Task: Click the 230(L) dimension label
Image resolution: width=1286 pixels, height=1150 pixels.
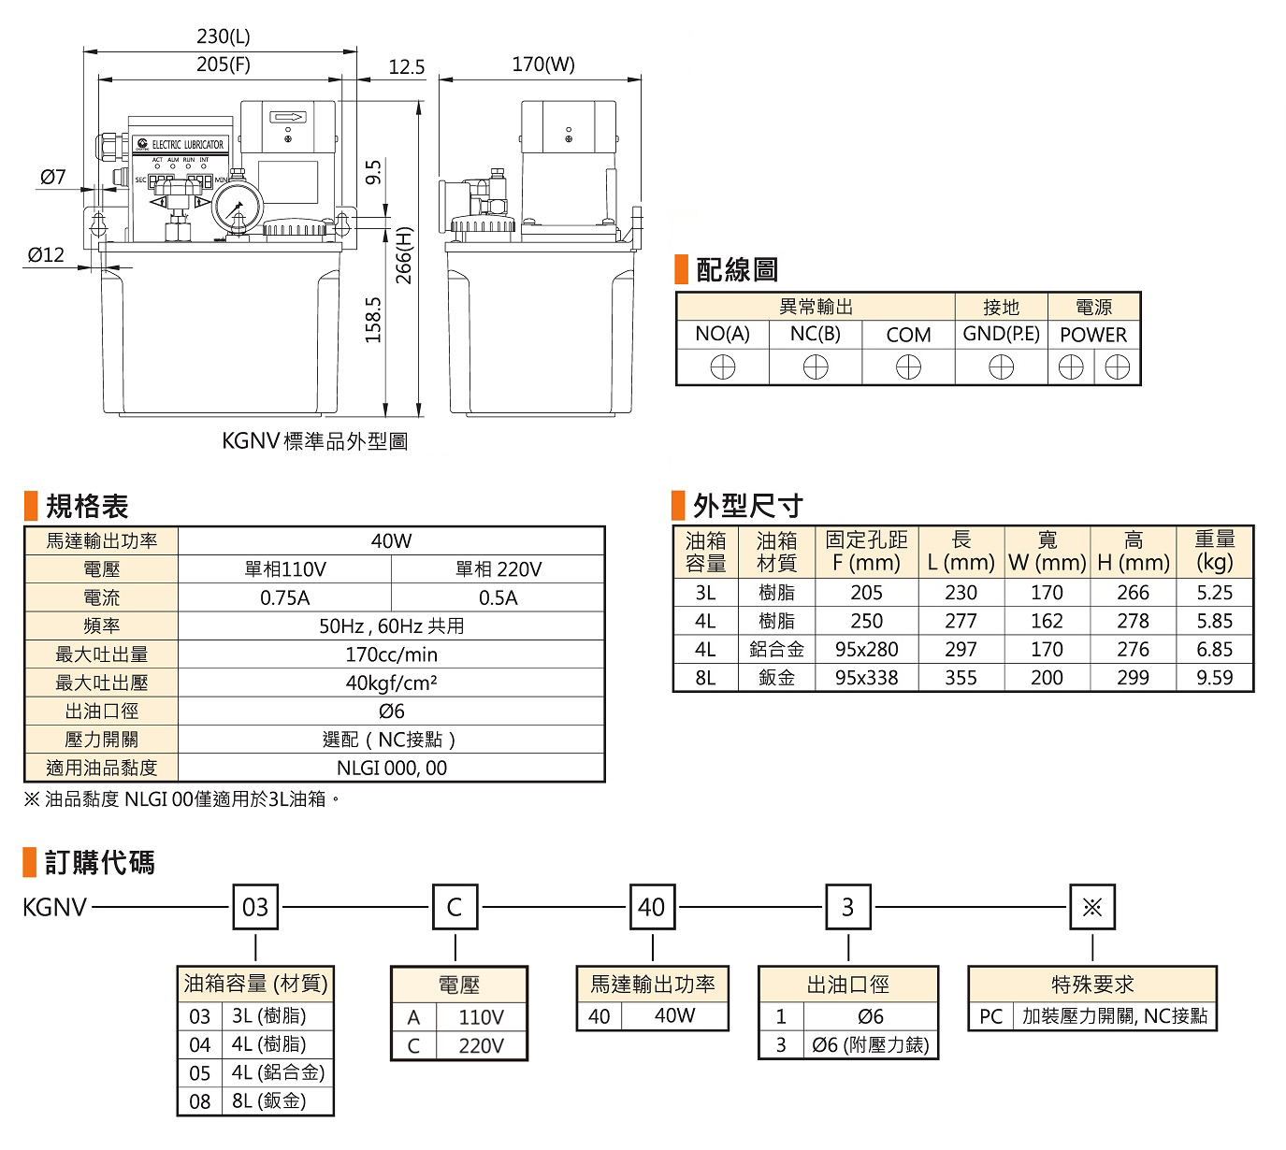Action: pyautogui.click(x=223, y=36)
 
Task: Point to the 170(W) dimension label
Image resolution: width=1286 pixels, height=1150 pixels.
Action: pyautogui.click(x=542, y=65)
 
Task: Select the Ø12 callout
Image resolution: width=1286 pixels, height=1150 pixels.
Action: pyautogui.click(x=46, y=254)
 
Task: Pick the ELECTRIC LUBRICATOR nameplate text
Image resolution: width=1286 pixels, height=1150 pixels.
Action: pyautogui.click(x=187, y=145)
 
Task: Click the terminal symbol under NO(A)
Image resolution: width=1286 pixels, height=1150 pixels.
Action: pyautogui.click(x=722, y=368)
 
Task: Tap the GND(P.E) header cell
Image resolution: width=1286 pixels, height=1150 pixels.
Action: pyautogui.click(x=1001, y=335)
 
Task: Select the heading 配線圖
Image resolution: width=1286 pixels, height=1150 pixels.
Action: pyautogui.click(x=736, y=270)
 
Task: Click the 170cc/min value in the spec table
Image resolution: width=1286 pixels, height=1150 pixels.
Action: pyautogui.click(x=391, y=654)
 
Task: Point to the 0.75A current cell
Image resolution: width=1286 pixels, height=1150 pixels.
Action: pyautogui.click(x=284, y=598)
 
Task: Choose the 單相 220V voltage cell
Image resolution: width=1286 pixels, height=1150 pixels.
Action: pyautogui.click(x=498, y=569)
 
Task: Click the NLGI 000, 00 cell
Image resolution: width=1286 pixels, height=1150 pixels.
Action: pyautogui.click(x=391, y=768)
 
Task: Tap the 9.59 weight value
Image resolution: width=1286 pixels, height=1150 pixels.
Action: pyautogui.click(x=1214, y=678)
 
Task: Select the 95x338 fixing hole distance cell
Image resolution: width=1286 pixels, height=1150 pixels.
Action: pyautogui.click(x=866, y=678)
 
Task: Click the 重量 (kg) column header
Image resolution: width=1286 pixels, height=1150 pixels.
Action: pyautogui.click(x=1214, y=551)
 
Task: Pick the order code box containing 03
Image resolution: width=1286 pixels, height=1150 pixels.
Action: pyautogui.click(x=255, y=907)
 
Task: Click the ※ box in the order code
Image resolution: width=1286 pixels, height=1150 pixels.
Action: pyautogui.click(x=1091, y=907)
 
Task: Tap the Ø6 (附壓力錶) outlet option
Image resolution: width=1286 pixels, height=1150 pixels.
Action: pyautogui.click(x=870, y=1045)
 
